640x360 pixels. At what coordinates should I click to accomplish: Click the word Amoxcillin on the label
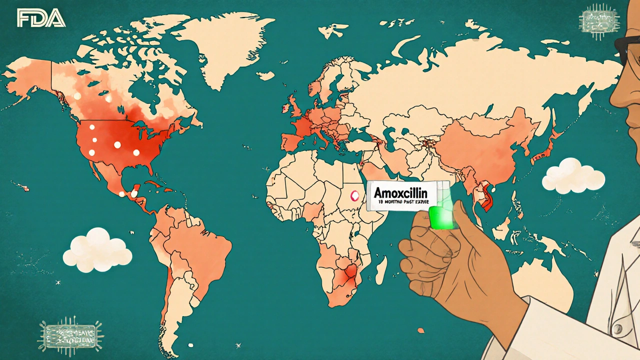[x=403, y=192]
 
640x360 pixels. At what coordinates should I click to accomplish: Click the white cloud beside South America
[x=97, y=250]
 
